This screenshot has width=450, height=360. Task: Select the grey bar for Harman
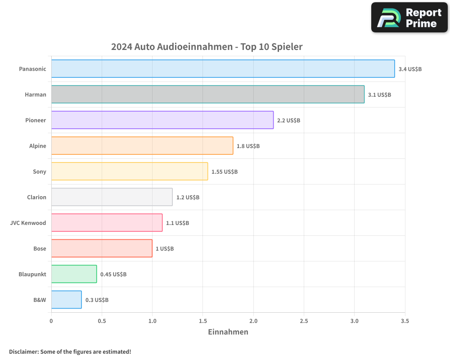(x=207, y=94)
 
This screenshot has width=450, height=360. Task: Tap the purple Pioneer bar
(x=162, y=120)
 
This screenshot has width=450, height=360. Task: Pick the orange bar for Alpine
(x=142, y=146)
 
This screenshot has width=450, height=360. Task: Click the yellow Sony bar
(x=129, y=171)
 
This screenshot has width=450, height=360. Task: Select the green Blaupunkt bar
(x=74, y=274)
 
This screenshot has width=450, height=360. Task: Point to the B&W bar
(x=66, y=300)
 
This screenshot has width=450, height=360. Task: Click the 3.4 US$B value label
(x=410, y=69)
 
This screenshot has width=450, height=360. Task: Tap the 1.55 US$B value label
(x=224, y=172)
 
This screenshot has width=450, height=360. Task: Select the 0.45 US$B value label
(x=113, y=274)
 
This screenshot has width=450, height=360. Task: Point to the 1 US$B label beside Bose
(x=164, y=249)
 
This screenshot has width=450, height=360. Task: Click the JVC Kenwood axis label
(x=28, y=223)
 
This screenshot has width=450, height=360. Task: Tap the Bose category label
(x=40, y=248)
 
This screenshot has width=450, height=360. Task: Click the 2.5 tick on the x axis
(x=304, y=321)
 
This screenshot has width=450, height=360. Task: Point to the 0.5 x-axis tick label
(x=102, y=321)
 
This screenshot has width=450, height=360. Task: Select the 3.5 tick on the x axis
(x=405, y=321)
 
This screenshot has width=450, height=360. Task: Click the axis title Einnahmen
(x=228, y=332)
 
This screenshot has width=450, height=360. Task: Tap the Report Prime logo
(x=409, y=18)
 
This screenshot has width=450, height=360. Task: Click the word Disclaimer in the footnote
(x=23, y=351)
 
